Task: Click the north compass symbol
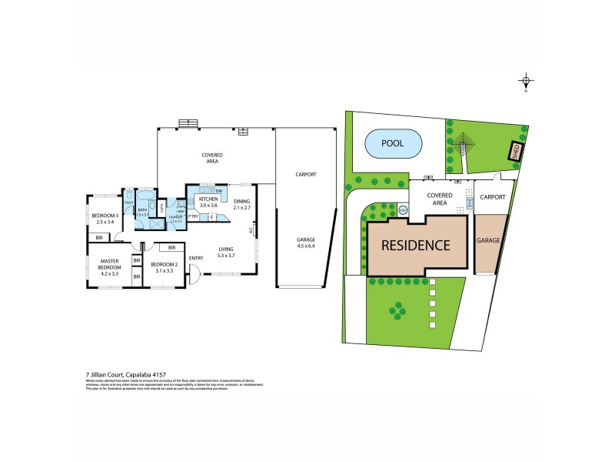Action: pos(526,81)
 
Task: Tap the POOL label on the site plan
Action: pos(393,143)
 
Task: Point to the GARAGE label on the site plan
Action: pos(490,241)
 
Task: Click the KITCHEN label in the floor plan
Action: pos(208,199)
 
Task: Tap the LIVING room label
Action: pos(225,248)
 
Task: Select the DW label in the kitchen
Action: pos(219,190)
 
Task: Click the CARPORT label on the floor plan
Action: pos(306,175)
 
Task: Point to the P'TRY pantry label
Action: pos(194,216)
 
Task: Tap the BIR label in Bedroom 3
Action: pos(99,238)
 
